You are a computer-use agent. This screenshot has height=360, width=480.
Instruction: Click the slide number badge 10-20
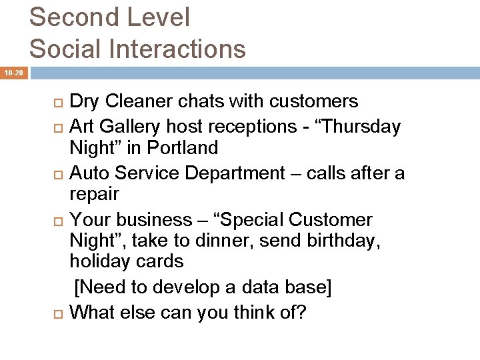(13, 72)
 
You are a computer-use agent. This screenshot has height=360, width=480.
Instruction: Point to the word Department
(234, 173)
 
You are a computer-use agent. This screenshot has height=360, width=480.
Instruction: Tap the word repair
(94, 195)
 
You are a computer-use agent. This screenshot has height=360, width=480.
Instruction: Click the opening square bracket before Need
(77, 287)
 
